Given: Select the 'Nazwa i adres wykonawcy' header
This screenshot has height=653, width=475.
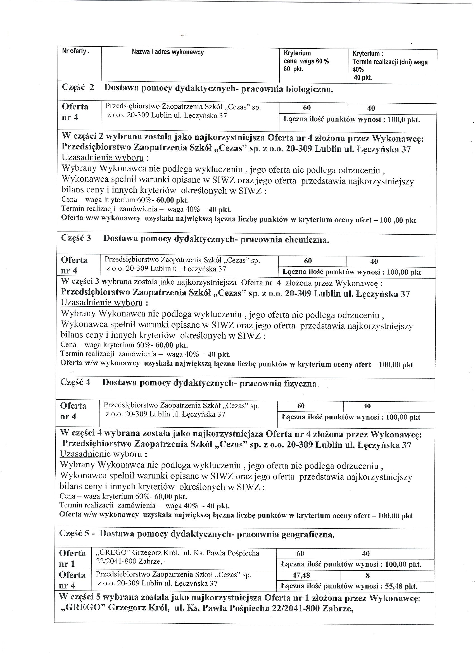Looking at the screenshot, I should coord(168,52).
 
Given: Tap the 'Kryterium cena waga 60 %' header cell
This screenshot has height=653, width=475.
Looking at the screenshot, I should coord(306,61).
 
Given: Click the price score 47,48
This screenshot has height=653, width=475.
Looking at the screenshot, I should coord(301,575).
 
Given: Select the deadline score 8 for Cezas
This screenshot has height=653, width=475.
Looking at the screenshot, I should coord(367,575).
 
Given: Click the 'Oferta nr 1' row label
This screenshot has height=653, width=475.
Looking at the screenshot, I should coord(72,558).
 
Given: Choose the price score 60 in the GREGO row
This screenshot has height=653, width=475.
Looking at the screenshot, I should coord(300,553).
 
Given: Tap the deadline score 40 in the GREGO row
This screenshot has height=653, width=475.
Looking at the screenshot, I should coord(366,553).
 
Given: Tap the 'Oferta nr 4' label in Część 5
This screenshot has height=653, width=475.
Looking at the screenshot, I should coord(72,580).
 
